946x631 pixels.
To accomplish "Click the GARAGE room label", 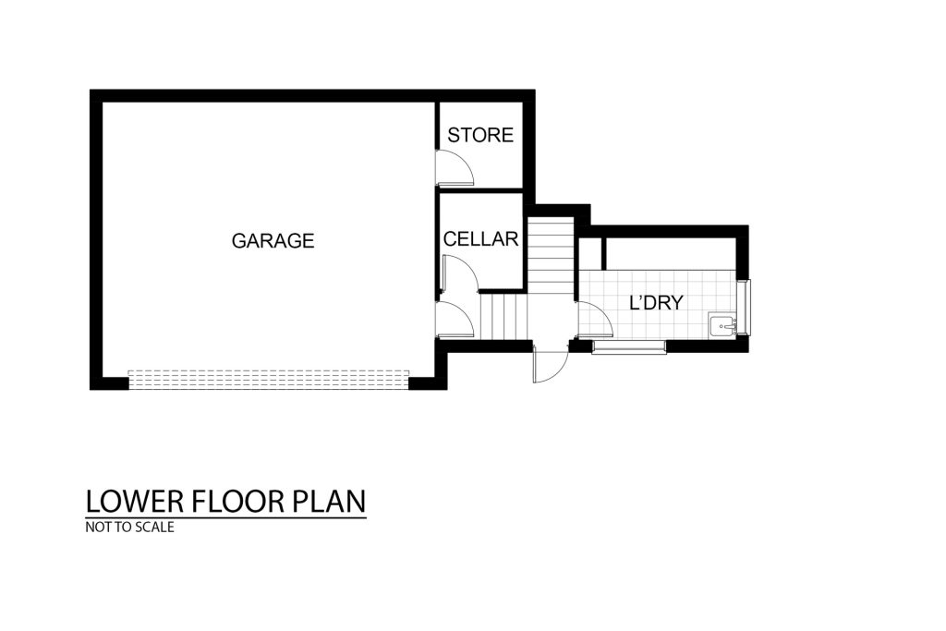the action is [273, 241].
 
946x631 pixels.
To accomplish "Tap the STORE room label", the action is [480, 135].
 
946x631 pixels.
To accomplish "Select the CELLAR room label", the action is [480, 239].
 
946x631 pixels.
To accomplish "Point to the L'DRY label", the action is [657, 302].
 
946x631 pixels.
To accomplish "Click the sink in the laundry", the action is [722, 326].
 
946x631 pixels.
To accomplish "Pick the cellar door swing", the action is [460, 274].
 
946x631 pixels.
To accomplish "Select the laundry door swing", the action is [596, 318].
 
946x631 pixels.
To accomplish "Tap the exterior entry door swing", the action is [551, 366].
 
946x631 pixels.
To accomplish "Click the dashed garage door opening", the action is [269, 380].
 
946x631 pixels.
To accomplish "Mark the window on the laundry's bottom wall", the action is [628, 346].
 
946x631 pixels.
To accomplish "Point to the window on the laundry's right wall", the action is [746, 308].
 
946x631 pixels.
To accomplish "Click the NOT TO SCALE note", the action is [129, 528].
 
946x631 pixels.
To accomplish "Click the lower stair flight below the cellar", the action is [504, 317].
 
